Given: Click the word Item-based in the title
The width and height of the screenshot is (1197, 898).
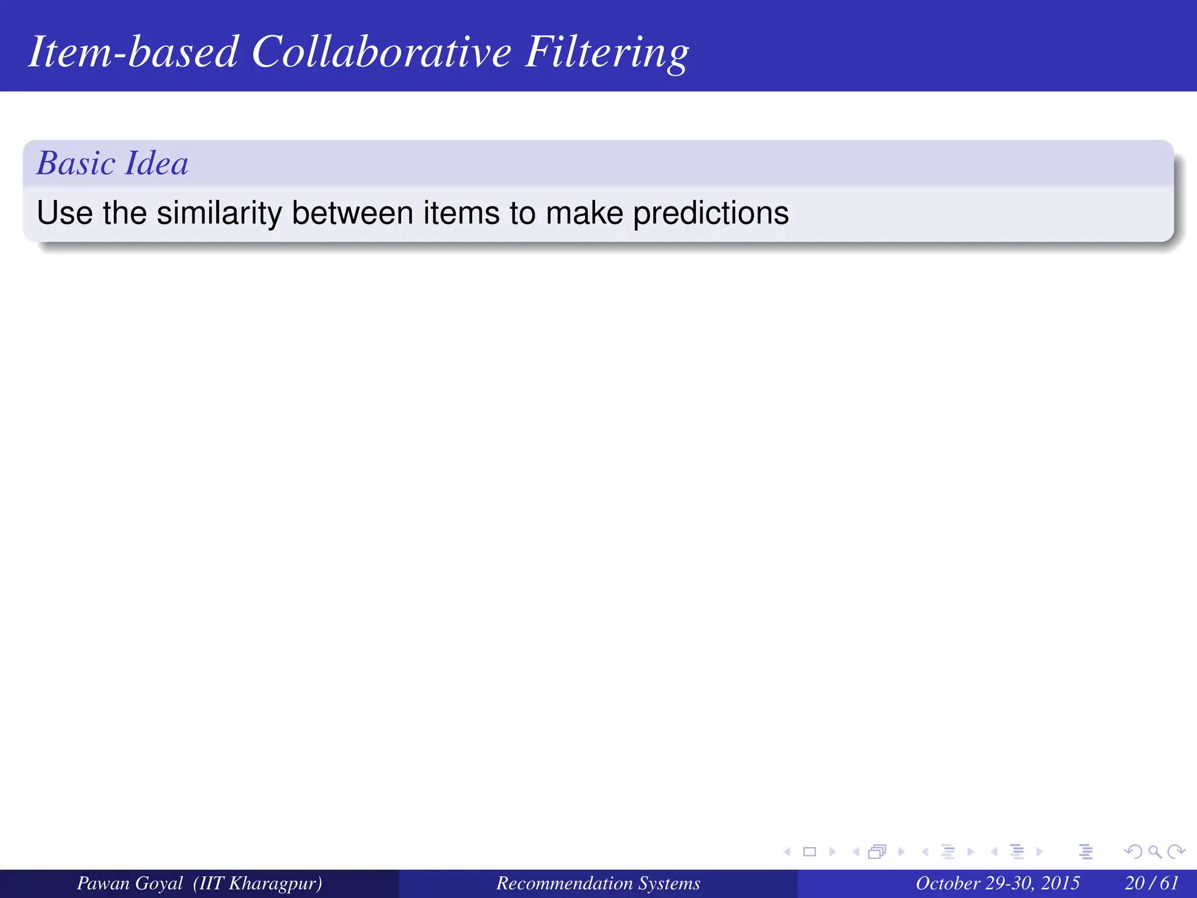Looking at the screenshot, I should click(x=133, y=53).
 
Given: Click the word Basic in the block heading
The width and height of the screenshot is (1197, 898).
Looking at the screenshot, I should click(x=76, y=163).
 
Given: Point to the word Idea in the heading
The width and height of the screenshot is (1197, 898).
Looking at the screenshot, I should click(x=157, y=163).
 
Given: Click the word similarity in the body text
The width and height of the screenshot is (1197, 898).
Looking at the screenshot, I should click(x=219, y=213).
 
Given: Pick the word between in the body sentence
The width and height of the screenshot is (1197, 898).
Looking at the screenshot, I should click(x=352, y=213).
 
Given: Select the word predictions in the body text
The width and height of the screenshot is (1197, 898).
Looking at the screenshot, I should click(x=711, y=214).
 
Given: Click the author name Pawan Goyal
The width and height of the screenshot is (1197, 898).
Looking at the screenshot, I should click(x=130, y=883).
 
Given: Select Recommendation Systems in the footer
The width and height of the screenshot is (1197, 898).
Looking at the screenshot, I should click(x=598, y=883).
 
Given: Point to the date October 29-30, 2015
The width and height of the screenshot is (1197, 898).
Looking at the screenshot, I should click(x=997, y=883).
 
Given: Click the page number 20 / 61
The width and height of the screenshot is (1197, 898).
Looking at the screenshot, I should click(x=1151, y=883).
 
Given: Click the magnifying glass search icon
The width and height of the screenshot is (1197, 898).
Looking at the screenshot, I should click(x=1154, y=852).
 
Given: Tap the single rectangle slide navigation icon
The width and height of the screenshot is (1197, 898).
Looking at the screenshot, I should click(x=809, y=852).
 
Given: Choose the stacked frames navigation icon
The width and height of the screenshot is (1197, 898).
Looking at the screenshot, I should click(x=877, y=852).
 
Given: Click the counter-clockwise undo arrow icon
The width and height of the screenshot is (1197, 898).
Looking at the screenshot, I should click(x=1133, y=852).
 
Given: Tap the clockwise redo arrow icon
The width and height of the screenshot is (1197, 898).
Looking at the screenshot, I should click(x=1175, y=852).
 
